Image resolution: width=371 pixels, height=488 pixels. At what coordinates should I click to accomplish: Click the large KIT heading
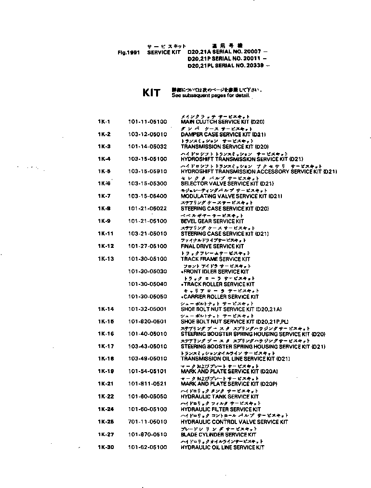[x=151, y=92]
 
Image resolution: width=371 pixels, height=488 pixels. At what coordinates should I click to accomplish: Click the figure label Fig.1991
[x=128, y=53]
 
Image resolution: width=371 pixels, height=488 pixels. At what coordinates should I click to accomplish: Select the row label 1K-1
[x=104, y=122]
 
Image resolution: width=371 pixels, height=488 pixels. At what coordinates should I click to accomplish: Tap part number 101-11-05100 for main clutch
[x=147, y=122]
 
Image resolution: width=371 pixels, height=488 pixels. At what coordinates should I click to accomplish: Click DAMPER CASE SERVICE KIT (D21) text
[x=223, y=134]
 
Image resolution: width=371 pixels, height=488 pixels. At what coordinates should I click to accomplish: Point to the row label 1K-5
[x=104, y=171]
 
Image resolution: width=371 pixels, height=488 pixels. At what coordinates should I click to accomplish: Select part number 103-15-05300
[x=147, y=184]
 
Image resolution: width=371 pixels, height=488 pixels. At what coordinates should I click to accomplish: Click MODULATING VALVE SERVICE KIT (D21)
[x=231, y=196]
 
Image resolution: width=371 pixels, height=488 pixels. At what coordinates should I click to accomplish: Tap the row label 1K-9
[x=104, y=221]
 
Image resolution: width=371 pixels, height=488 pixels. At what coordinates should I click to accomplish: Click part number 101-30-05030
[x=147, y=271]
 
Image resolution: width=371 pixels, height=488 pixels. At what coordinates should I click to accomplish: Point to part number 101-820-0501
[x=147, y=321]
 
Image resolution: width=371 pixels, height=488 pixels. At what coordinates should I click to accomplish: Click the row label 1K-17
[x=106, y=346]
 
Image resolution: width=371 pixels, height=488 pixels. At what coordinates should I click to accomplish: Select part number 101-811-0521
[x=147, y=384]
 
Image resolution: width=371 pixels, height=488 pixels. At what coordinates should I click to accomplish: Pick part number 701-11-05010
[x=147, y=422]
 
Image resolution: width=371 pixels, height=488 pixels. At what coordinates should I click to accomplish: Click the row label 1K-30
[x=106, y=447]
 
